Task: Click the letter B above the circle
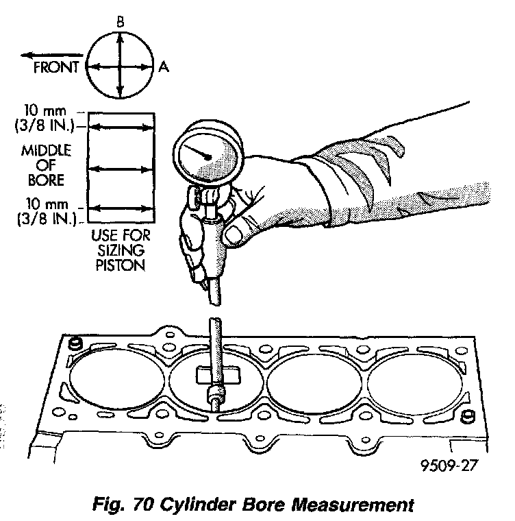121,23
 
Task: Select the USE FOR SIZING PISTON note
121,250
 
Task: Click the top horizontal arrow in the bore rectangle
121,126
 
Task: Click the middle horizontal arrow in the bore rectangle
121,167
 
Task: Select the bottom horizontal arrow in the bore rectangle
121,208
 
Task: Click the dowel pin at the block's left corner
75,342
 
